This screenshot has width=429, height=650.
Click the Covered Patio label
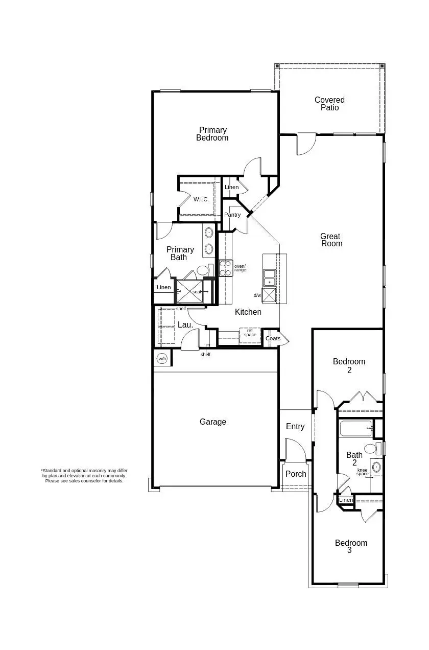point(329,104)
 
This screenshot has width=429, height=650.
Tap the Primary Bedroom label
point(212,134)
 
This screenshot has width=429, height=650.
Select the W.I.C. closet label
point(201,199)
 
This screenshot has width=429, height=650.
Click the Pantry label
point(232,215)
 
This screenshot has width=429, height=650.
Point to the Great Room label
point(331,240)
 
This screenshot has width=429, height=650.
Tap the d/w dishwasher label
point(257,295)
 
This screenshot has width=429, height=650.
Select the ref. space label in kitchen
point(250,333)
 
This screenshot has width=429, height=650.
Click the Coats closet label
point(273,338)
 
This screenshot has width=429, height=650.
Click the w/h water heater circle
point(162,359)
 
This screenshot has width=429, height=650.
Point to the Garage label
point(213,422)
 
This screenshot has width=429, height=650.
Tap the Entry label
point(295,427)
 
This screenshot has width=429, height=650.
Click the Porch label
point(296,474)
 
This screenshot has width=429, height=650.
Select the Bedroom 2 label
point(349,366)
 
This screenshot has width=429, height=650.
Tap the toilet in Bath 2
point(371,449)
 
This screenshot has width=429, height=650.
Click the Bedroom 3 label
point(351,547)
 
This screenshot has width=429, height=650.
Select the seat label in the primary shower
point(197,292)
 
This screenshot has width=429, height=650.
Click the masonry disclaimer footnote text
point(84,476)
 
